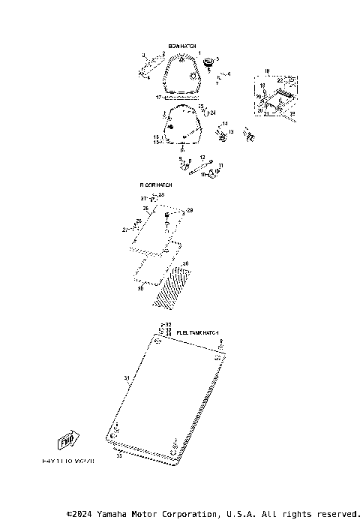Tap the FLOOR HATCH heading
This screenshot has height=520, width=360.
[155, 185]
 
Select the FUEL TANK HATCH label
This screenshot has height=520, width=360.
[197, 332]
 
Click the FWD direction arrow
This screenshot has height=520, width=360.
[69, 440]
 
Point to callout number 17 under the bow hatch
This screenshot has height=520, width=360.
[159, 98]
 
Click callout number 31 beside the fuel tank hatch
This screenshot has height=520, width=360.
[126, 377]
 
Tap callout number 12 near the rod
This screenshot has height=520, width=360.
[202, 158]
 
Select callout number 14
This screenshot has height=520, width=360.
[224, 123]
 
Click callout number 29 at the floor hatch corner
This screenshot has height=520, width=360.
[190, 211]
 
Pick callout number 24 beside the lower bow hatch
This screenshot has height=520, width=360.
[213, 113]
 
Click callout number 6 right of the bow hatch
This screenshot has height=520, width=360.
[229, 74]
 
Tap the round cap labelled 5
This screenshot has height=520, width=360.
[209, 60]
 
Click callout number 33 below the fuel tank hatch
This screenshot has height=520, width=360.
[118, 455]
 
